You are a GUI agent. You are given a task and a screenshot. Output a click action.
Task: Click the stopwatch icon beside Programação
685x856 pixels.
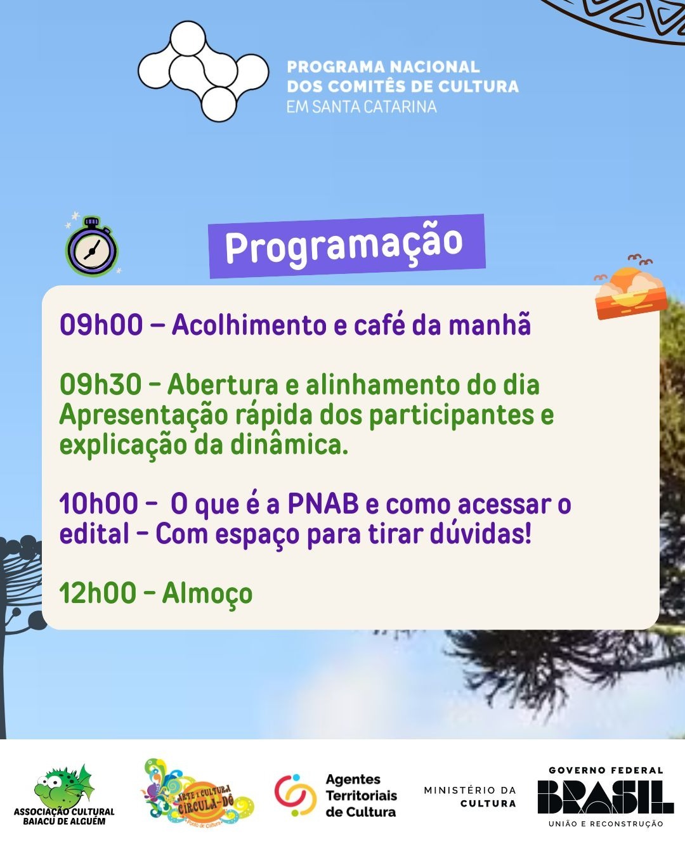(92, 248)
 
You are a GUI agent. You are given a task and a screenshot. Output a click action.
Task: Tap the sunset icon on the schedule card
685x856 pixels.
(630, 292)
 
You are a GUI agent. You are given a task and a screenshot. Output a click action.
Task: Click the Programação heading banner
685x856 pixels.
(346, 245)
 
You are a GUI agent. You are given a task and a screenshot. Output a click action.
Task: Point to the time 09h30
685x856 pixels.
(101, 385)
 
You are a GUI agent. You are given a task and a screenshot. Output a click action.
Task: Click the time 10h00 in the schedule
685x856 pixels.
(99, 505)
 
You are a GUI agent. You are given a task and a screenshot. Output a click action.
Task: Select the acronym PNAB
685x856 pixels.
(323, 505)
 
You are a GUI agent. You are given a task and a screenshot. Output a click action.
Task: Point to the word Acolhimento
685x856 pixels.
(249, 325)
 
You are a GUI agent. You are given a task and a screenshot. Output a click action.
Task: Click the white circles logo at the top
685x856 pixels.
(203, 71)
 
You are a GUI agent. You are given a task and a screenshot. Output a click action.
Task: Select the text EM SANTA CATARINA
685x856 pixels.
(362, 107)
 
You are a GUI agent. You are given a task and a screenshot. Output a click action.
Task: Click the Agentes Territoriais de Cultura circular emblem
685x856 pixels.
(295, 795)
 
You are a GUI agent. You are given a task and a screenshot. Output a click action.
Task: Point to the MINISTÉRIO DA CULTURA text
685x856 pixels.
(470, 796)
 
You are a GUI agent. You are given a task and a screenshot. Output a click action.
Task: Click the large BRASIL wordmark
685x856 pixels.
(605, 796)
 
